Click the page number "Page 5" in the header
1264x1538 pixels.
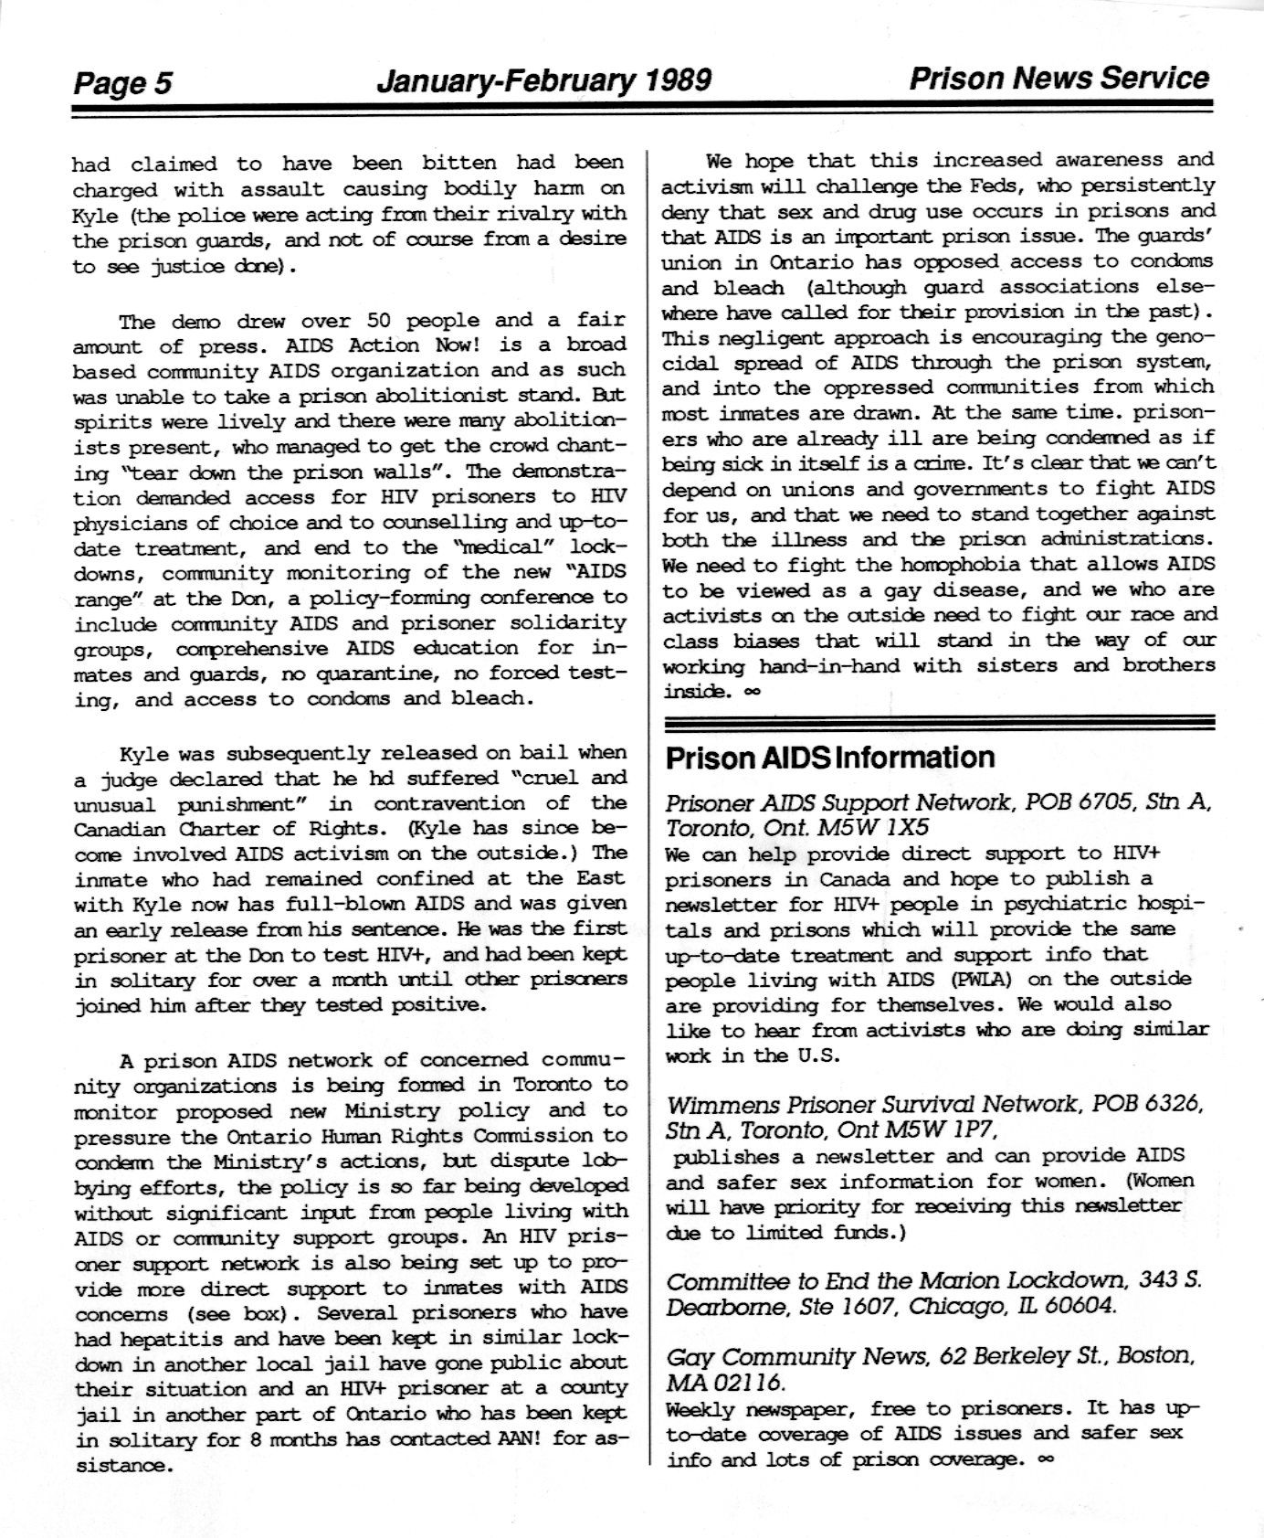[x=122, y=84]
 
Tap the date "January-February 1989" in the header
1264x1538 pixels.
[x=543, y=81]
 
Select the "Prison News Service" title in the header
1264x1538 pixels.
[x=1059, y=79]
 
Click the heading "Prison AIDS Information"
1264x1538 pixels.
[x=830, y=758]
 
